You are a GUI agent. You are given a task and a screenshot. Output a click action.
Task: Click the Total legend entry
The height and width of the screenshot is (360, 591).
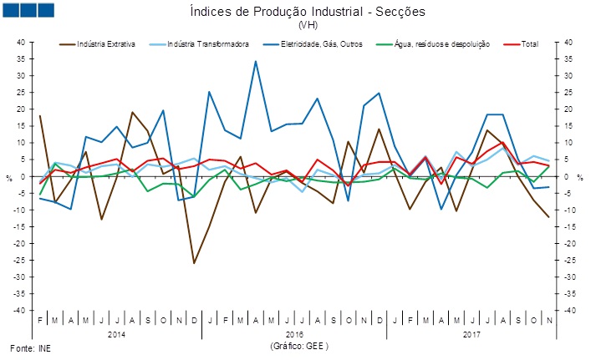tap(529, 43)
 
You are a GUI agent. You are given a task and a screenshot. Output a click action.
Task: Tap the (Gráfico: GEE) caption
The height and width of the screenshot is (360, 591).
tap(294, 345)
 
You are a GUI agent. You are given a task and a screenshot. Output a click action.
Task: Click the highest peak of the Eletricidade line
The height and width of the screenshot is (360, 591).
tap(256, 61)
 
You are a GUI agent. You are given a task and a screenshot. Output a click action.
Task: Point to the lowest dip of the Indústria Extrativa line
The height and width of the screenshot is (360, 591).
tap(194, 263)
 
